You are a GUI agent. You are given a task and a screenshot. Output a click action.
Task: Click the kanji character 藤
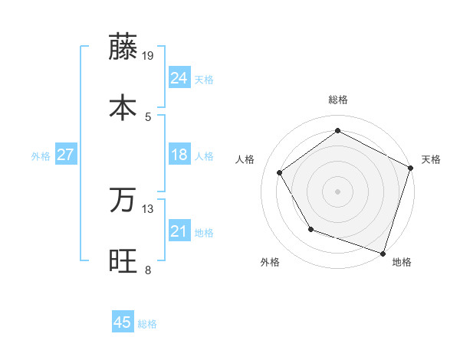coord(123,47)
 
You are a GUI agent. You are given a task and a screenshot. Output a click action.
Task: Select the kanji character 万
coord(123,200)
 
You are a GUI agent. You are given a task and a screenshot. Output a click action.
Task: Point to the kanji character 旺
coord(123,260)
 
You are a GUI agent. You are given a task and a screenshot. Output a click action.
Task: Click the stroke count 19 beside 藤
coord(149,55)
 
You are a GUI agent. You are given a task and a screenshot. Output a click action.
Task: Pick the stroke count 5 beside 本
coord(149,116)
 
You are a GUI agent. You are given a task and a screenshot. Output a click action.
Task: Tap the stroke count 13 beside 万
coord(149,208)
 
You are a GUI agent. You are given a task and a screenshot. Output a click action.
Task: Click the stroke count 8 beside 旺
coord(148,270)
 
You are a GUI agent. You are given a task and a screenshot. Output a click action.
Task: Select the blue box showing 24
coord(179,78)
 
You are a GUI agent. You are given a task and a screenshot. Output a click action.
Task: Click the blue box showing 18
coord(179,155)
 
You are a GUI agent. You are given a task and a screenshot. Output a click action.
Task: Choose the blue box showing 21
coord(179,231)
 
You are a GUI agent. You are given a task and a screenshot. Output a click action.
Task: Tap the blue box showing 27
coord(65,155)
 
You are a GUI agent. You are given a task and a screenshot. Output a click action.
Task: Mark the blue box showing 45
coord(123,322)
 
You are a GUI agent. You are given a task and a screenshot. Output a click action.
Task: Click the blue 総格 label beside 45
coord(147,324)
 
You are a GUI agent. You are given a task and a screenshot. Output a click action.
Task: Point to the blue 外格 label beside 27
coord(41,156)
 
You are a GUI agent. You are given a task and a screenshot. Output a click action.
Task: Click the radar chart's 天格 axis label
coord(431,159)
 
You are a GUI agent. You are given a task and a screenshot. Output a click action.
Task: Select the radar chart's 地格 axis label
coord(402,262)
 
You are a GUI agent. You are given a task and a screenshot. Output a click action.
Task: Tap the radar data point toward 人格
coord(280,172)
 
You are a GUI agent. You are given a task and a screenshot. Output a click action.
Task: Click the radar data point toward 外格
coord(310,229)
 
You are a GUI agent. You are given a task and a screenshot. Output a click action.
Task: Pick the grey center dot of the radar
coord(337,191)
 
